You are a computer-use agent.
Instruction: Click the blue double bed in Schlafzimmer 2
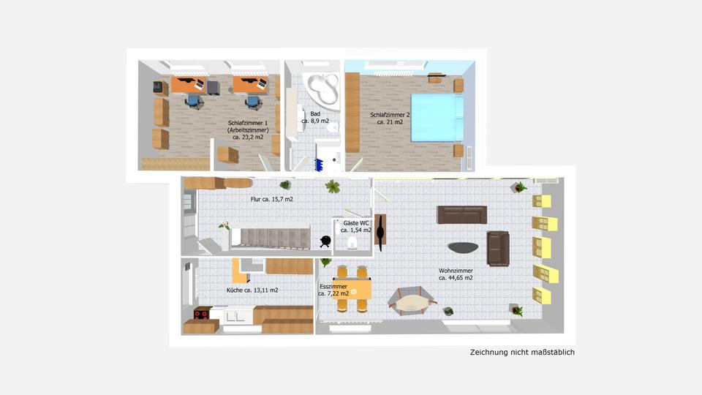tap(436, 116)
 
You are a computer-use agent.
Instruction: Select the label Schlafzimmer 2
tap(390, 115)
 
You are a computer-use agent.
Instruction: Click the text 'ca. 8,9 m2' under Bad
tap(315, 121)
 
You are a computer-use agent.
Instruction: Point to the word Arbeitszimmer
tap(248, 129)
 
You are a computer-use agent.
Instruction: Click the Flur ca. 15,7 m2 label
tap(271, 199)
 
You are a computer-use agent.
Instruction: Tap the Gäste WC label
tap(356, 222)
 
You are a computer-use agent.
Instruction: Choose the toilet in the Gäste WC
tap(352, 242)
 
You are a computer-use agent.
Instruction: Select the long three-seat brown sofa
tap(461, 214)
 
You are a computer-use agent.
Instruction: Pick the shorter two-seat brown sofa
tap(499, 248)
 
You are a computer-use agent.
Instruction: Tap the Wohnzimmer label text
tap(456, 270)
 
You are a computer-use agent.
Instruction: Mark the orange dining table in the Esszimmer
tap(352, 291)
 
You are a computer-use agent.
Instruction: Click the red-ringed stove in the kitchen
tap(200, 315)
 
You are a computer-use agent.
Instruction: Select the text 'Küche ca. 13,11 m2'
tap(252, 290)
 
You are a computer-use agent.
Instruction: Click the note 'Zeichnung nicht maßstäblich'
tap(522, 353)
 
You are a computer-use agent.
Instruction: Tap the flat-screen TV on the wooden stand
tap(381, 230)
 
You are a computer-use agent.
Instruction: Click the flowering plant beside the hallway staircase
tap(224, 227)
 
